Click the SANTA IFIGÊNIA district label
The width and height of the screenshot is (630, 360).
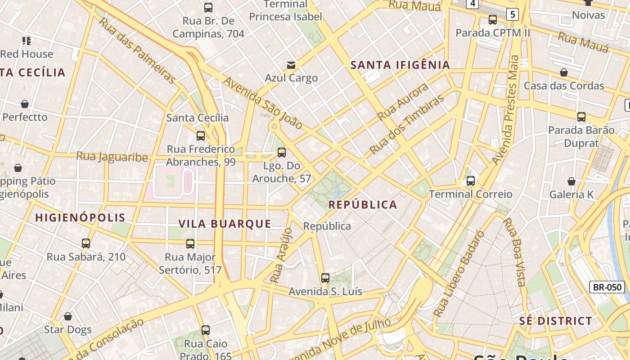pyautogui.click(x=400, y=65)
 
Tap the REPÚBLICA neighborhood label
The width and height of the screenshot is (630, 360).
pyautogui.click(x=363, y=205)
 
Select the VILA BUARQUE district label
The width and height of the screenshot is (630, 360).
pyautogui.click(x=225, y=224)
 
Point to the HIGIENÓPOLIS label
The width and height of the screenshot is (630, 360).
pyautogui.click(x=80, y=217)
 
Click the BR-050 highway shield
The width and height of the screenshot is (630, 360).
pyautogui.click(x=607, y=287)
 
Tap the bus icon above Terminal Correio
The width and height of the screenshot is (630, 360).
pyautogui.click(x=470, y=181)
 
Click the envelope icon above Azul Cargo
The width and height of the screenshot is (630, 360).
pyautogui.click(x=291, y=65)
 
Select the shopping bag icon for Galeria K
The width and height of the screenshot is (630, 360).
pyautogui.click(x=571, y=181)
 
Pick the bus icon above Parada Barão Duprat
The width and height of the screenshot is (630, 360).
pyautogui.click(x=581, y=117)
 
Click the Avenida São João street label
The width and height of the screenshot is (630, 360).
pyautogui.click(x=263, y=103)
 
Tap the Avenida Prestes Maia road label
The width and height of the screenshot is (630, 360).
pyautogui.click(x=507, y=110)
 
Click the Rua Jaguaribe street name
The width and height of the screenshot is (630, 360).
pyautogui.click(x=112, y=157)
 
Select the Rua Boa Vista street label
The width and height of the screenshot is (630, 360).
pyautogui.click(x=514, y=252)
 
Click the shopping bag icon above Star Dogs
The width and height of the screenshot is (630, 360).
pyautogui.click(x=68, y=316)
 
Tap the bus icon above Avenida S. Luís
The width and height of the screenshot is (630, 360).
pyautogui.click(x=325, y=278)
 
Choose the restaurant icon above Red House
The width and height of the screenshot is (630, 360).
pyautogui.click(x=27, y=41)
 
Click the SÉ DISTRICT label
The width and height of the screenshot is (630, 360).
pyautogui.click(x=555, y=321)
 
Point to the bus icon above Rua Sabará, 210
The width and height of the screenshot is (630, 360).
pyautogui.click(x=86, y=243)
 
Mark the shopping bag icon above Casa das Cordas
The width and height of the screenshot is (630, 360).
pyautogui.click(x=563, y=72)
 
